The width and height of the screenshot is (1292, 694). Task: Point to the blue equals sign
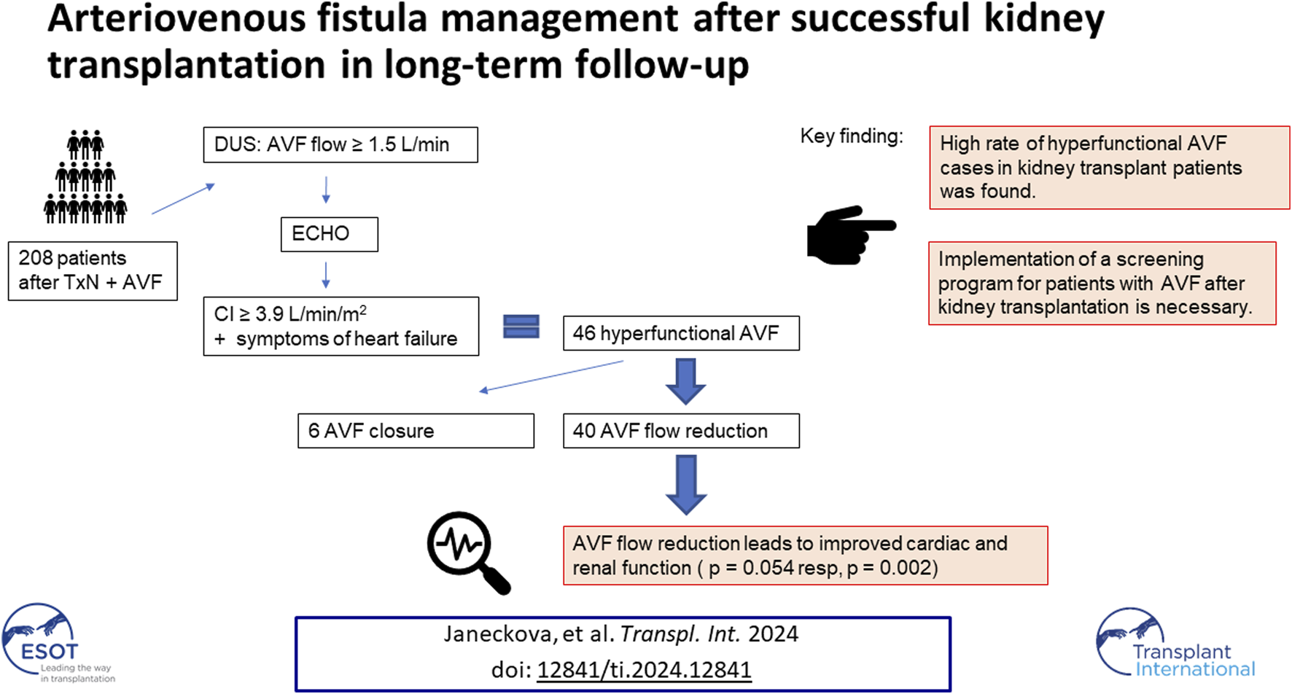click(521, 327)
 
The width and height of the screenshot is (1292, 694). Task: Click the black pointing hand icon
click(850, 235)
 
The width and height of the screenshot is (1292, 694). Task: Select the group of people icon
click(85, 176)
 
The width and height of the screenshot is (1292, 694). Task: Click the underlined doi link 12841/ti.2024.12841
click(644, 669)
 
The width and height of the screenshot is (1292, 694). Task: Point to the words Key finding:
click(852, 136)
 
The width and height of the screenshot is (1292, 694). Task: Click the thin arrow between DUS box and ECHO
click(326, 190)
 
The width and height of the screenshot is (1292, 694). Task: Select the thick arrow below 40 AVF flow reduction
click(686, 485)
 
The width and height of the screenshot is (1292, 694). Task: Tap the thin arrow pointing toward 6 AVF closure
click(551, 377)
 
